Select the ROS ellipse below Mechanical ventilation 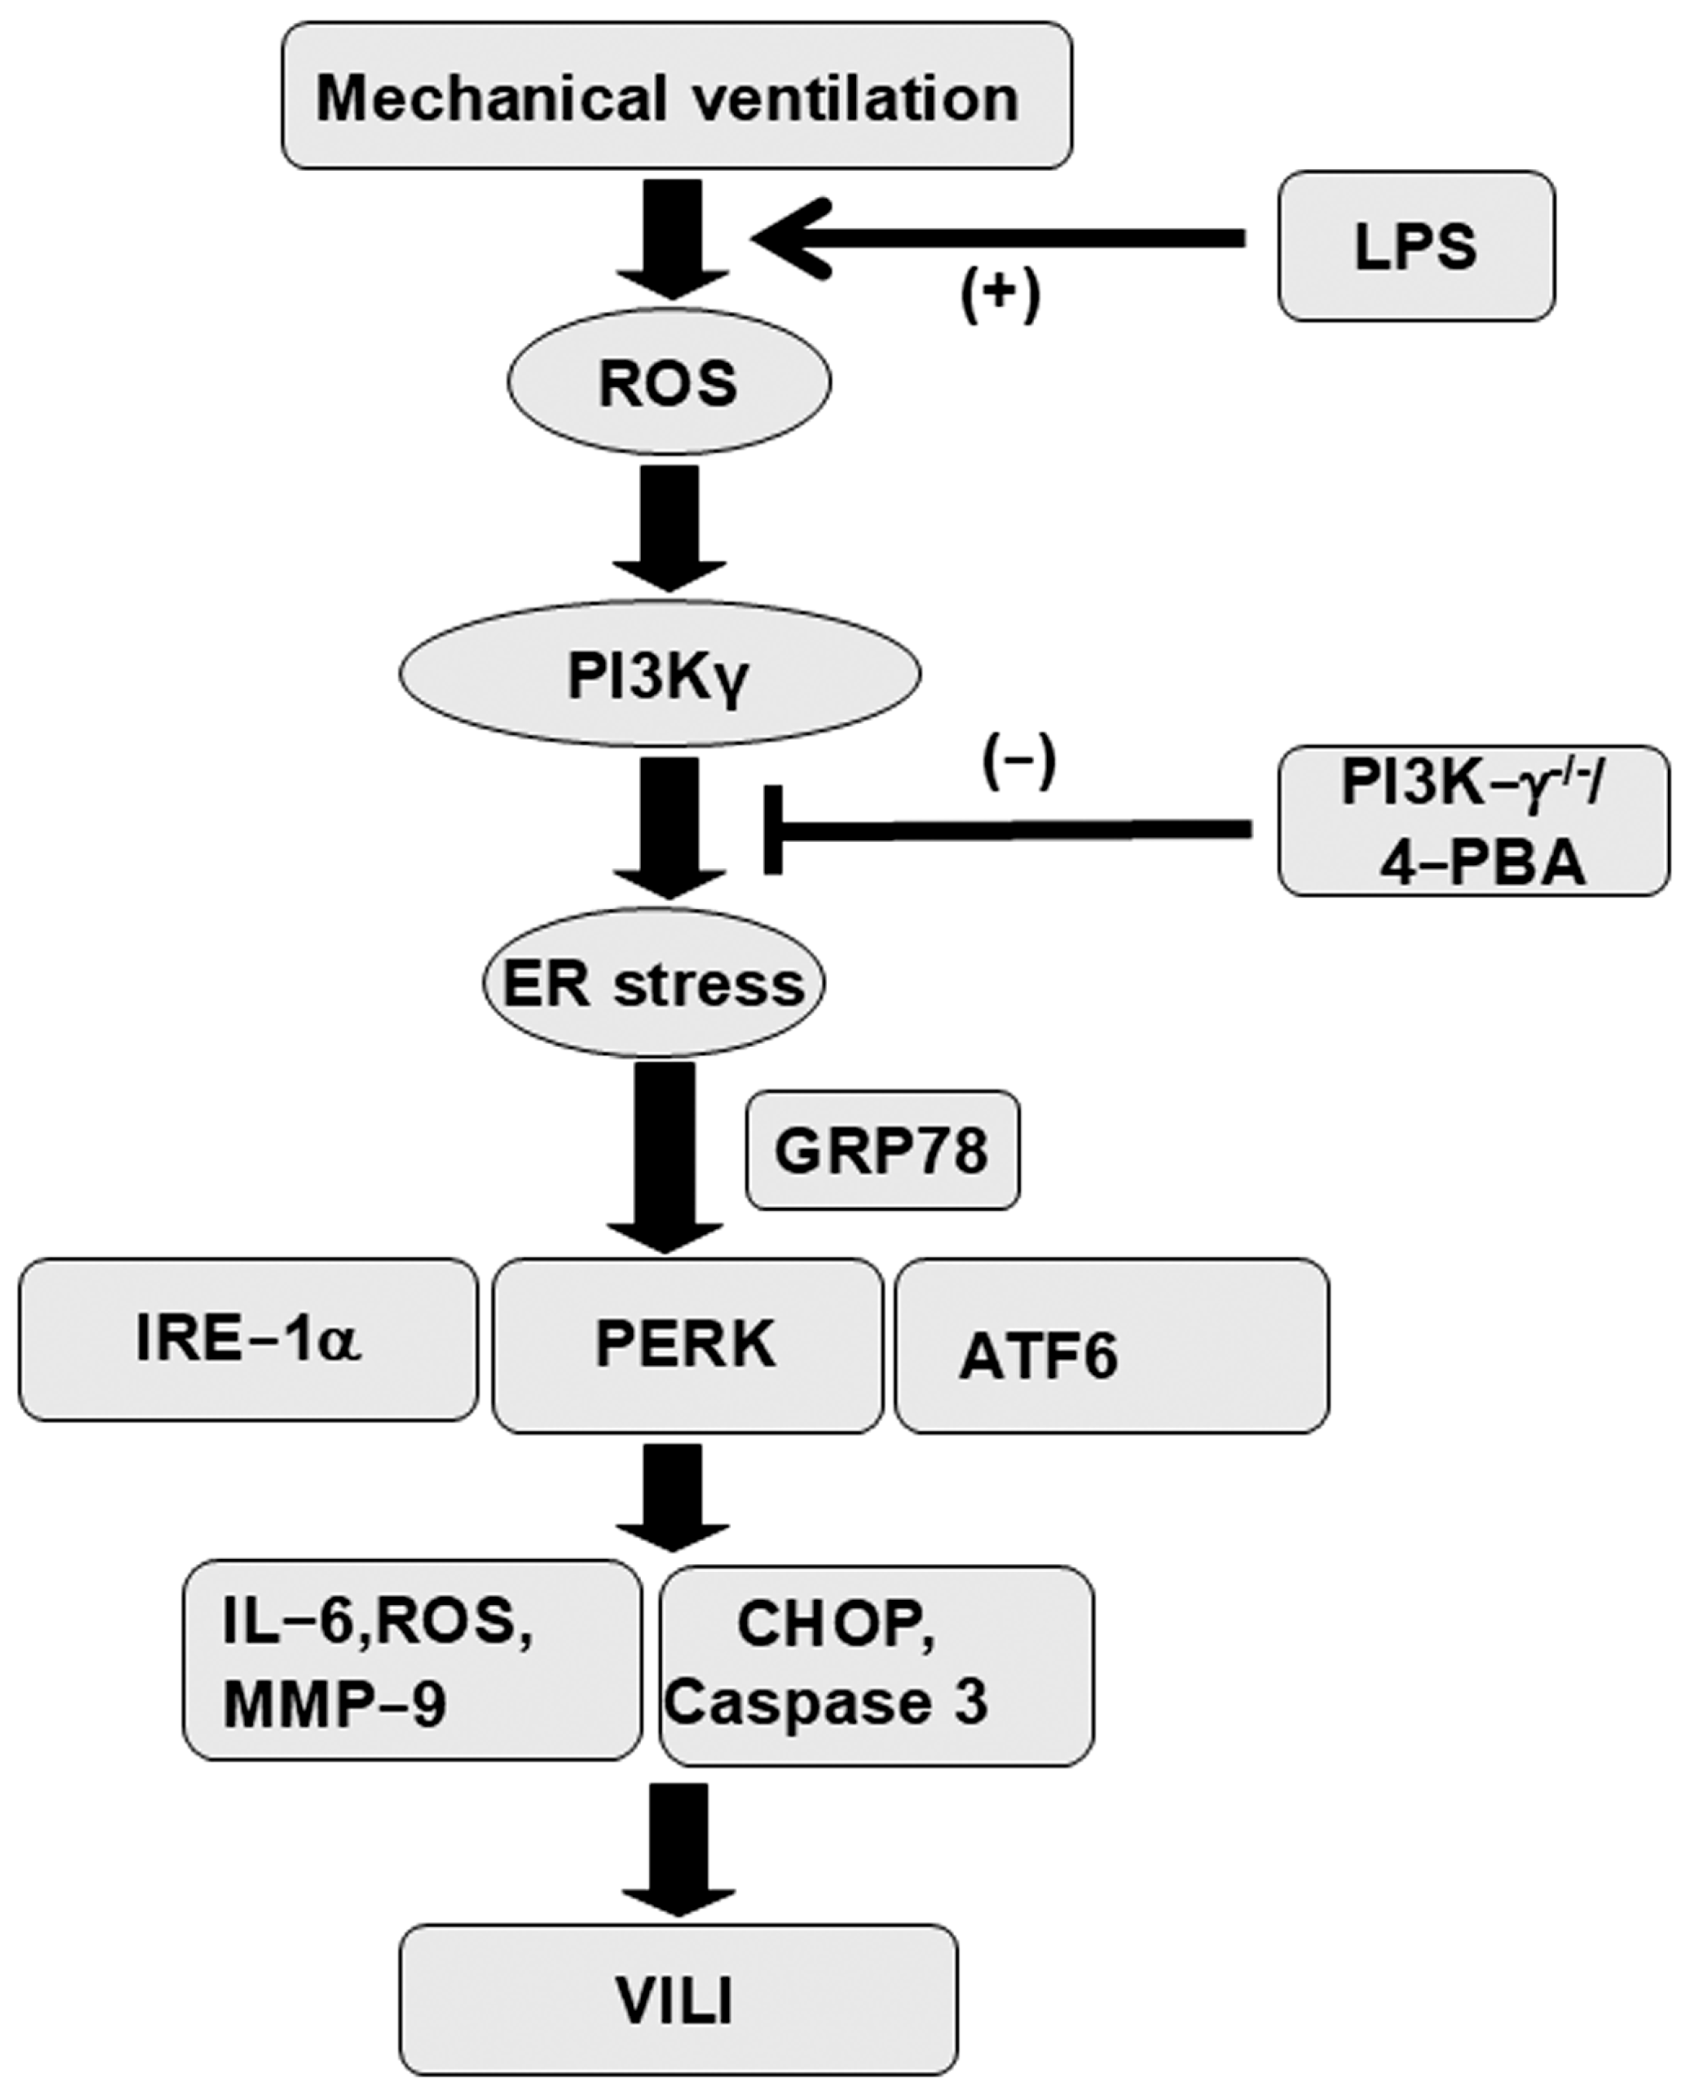(x=669, y=382)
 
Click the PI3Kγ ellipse (x=660, y=674)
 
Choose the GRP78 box (x=882, y=1150)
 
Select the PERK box (x=687, y=1346)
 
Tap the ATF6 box (x=1111, y=1346)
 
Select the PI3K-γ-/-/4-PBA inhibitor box (x=1472, y=821)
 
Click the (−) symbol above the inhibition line (x=1018, y=765)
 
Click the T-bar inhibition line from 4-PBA (x=1011, y=829)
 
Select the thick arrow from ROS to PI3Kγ (x=669, y=525)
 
